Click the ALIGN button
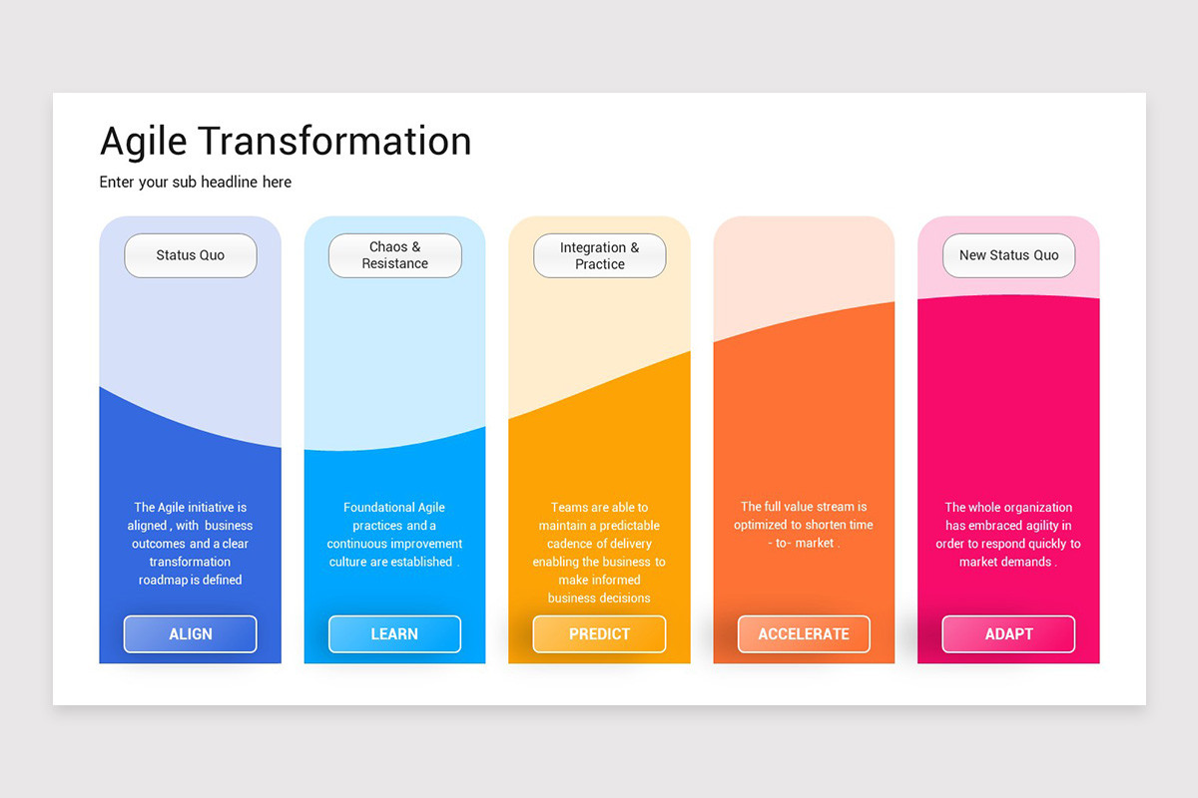click(190, 634)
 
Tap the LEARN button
click(394, 634)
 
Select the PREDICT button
click(599, 634)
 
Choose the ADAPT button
click(1008, 634)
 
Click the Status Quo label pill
click(190, 255)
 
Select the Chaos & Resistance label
click(394, 255)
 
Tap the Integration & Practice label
click(599, 255)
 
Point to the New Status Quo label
click(1008, 255)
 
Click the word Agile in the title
click(143, 142)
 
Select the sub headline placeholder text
click(196, 183)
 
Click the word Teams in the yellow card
click(569, 508)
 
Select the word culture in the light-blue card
click(348, 562)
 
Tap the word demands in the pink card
click(1024, 562)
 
